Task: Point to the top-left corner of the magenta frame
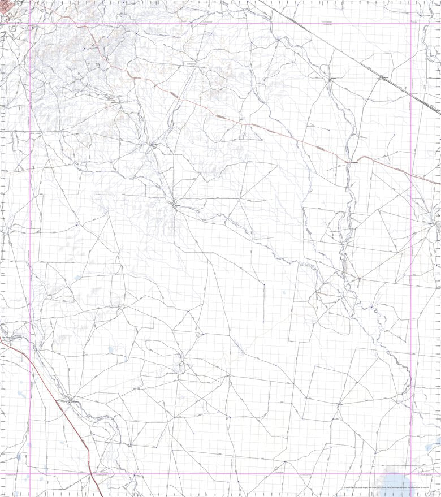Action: point(29,24)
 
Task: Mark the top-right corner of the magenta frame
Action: point(411,24)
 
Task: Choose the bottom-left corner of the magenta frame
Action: point(29,474)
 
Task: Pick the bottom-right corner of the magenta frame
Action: point(411,474)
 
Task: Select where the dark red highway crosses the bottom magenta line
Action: point(90,474)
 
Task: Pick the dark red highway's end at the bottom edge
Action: point(101,496)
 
